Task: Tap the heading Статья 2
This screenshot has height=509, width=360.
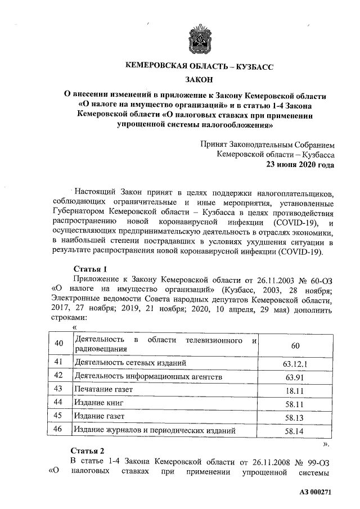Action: (88, 451)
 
